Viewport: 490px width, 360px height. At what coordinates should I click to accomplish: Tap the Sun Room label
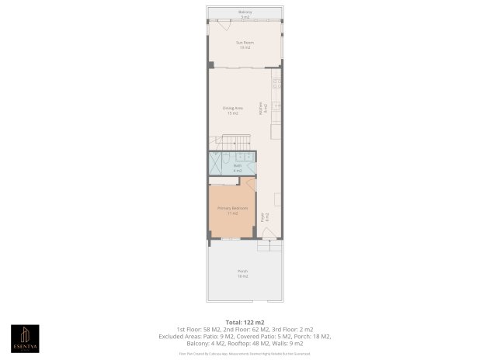coord(245,45)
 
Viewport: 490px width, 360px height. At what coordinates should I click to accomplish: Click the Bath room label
coord(238,167)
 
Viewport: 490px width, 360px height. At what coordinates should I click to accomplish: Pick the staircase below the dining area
coord(234,144)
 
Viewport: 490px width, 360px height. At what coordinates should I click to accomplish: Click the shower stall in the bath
coord(216,164)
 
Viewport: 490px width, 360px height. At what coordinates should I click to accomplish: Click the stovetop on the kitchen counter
coord(276,83)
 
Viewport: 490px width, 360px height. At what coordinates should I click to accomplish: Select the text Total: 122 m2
coord(245,321)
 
